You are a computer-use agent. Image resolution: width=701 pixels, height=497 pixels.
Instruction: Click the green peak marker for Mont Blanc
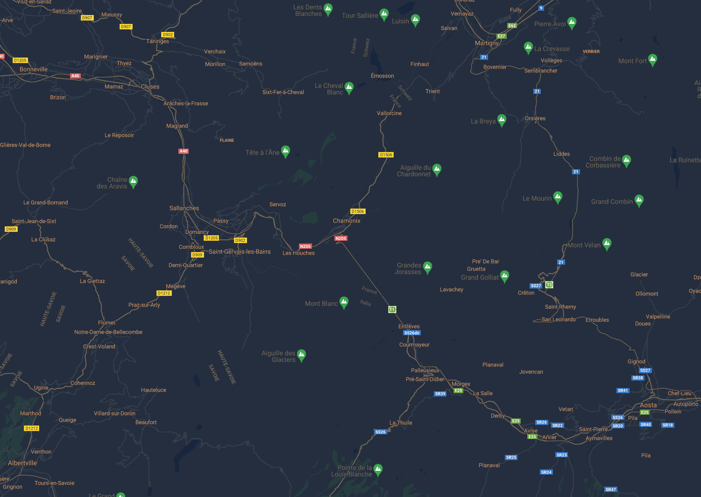(x=344, y=302)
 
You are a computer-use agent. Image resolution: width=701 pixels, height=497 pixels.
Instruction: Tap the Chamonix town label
(x=347, y=221)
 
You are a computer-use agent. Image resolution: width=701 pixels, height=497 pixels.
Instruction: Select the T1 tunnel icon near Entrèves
(x=392, y=310)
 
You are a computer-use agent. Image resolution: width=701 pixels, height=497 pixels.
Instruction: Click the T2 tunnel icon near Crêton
(x=549, y=285)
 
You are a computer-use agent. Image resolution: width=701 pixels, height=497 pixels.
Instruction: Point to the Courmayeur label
(x=414, y=345)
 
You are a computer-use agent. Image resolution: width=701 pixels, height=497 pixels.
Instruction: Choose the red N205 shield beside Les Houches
(x=305, y=246)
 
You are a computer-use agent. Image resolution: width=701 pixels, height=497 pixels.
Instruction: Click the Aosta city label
(x=648, y=405)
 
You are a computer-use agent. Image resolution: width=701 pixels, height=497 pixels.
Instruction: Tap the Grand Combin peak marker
(x=639, y=200)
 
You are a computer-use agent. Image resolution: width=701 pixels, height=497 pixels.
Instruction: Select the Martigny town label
(x=487, y=43)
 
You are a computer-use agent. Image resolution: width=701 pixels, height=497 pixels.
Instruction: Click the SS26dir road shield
(x=412, y=333)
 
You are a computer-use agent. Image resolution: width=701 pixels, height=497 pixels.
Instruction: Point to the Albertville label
(x=22, y=463)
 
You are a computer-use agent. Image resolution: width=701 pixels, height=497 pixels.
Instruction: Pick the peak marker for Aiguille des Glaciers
(x=302, y=355)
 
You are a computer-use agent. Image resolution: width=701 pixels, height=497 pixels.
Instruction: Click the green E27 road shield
(x=501, y=36)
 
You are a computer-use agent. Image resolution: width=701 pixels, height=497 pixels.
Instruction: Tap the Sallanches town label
(x=184, y=208)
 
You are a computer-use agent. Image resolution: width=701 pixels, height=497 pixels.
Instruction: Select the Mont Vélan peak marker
(x=607, y=243)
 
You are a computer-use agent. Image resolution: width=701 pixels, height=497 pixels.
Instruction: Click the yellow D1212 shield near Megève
(x=164, y=293)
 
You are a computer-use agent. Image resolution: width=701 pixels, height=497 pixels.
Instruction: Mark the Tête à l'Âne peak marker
(x=286, y=151)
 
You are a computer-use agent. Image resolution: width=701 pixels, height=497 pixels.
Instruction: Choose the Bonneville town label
(x=34, y=69)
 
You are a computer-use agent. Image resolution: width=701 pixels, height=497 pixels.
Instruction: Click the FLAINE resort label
(x=227, y=140)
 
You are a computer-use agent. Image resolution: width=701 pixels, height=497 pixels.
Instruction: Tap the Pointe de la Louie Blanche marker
(x=378, y=469)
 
